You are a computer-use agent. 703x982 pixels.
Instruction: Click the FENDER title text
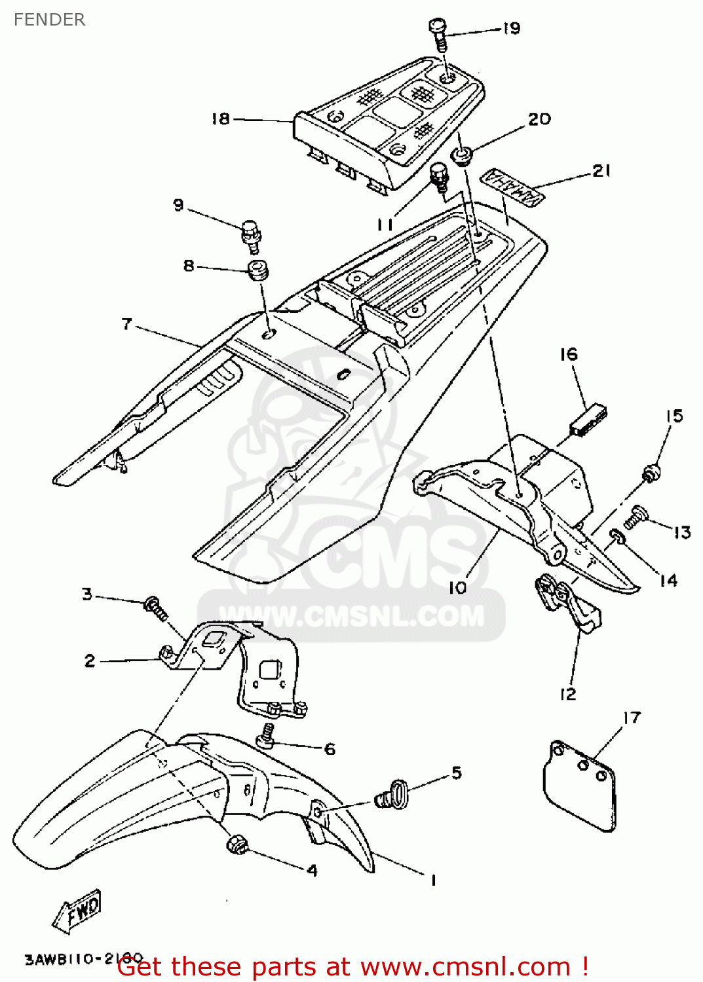click(x=49, y=20)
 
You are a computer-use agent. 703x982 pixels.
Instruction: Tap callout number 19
click(x=512, y=28)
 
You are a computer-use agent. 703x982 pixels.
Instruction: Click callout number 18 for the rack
click(x=220, y=118)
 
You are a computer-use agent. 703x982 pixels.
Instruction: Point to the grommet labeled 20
click(x=463, y=157)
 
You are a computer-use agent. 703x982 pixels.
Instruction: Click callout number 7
click(x=126, y=324)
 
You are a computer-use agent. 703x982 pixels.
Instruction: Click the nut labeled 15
click(x=651, y=473)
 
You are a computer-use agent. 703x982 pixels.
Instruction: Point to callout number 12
click(x=567, y=694)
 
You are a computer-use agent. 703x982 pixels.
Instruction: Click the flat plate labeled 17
click(x=580, y=786)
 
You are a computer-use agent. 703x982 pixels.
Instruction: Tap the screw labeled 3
click(x=155, y=607)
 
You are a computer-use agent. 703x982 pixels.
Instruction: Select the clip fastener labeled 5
click(x=393, y=793)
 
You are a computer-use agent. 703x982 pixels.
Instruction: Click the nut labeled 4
click(x=236, y=845)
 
